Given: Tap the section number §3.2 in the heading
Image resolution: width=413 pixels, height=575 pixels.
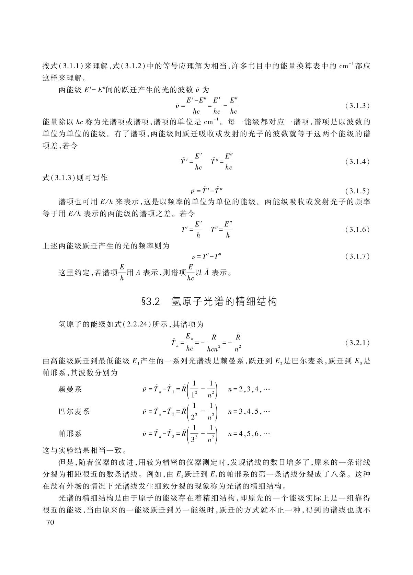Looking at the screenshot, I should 151,302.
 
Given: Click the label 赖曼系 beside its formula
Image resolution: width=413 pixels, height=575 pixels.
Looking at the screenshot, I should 70,389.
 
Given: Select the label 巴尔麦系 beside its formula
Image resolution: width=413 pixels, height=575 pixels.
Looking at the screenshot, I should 74,411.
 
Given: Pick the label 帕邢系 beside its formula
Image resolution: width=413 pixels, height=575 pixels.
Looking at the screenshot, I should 70,434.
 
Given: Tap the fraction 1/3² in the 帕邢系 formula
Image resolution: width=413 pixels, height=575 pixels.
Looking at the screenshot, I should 195,434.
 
